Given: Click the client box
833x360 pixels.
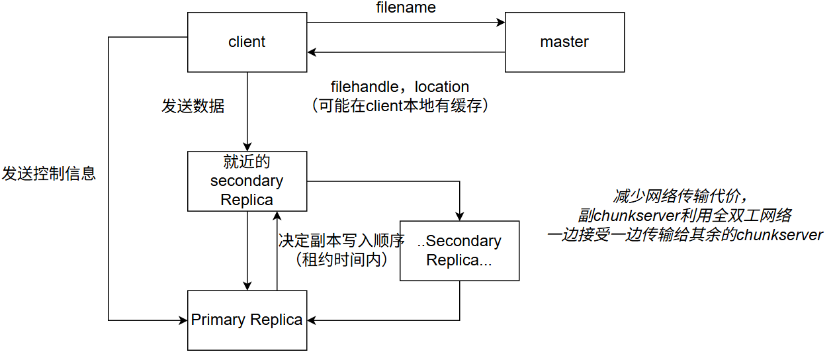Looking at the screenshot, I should (247, 42).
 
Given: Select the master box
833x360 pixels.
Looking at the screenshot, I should (564, 42).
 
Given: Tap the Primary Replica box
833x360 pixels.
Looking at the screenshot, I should (247, 320).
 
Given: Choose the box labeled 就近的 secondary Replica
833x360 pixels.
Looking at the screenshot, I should (247, 181).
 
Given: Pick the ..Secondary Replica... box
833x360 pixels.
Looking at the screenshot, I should (459, 251).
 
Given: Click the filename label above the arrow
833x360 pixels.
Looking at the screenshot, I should (406, 9).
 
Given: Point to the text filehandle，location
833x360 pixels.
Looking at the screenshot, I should (400, 87).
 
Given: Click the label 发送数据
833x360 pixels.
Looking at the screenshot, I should (193, 106).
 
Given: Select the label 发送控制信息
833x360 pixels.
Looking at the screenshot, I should (49, 174).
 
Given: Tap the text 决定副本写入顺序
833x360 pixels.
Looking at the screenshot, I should (341, 240).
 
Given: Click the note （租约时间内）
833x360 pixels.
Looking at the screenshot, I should (340, 259).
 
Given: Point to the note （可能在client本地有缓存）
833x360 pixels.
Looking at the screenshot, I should (400, 106).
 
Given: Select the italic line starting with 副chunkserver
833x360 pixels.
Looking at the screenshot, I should (684, 215).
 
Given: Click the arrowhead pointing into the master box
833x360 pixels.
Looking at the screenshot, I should (501, 22).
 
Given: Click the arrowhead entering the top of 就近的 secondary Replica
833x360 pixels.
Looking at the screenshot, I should (247, 147).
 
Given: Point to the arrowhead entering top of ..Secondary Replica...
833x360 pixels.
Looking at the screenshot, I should (459, 216).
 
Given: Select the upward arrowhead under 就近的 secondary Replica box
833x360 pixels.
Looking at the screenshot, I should (277, 216).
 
